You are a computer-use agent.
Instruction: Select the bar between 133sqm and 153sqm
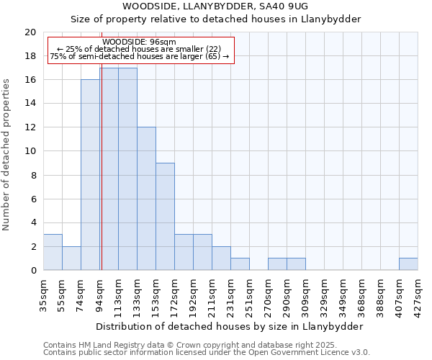(x=146, y=199)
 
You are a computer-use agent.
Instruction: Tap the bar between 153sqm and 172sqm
(x=165, y=217)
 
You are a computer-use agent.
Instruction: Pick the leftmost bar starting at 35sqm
(x=53, y=252)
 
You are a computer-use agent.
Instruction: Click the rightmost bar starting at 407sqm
(x=408, y=264)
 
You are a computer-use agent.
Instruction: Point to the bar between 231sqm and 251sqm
(x=240, y=264)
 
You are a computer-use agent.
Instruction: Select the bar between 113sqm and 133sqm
(x=127, y=169)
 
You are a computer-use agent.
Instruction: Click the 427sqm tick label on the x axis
(x=418, y=294)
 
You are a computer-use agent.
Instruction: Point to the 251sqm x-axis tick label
(x=249, y=294)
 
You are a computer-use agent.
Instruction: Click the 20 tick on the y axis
(x=30, y=32)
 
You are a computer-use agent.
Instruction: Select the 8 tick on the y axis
(x=33, y=175)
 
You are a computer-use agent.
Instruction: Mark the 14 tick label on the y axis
(x=30, y=104)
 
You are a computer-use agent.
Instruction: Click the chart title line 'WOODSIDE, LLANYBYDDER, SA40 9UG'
(x=215, y=6)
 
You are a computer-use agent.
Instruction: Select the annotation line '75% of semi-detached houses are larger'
(x=140, y=56)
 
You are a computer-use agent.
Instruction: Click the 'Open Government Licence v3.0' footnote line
(x=207, y=353)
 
